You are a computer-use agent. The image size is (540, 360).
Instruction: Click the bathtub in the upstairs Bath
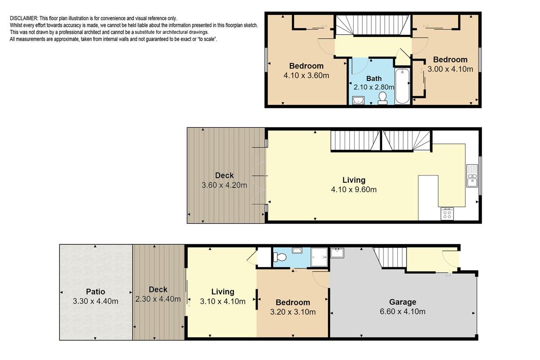click(x=402, y=86)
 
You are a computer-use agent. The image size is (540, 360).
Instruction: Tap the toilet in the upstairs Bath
click(x=382, y=98)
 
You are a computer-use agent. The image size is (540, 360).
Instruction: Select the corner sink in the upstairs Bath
click(x=358, y=100)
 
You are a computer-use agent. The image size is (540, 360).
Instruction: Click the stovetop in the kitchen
click(x=447, y=214)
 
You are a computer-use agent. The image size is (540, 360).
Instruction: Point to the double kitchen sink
click(x=472, y=176)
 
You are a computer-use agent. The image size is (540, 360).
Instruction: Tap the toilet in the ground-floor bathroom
click(x=280, y=257)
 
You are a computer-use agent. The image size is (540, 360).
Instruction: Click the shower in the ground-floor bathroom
click(x=319, y=257)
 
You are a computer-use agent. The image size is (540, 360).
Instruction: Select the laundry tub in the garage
click(x=337, y=253)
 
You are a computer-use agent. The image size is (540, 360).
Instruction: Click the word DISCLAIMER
click(x=23, y=18)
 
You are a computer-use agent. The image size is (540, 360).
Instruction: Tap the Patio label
click(x=95, y=292)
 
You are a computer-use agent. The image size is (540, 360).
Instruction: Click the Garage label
click(x=403, y=301)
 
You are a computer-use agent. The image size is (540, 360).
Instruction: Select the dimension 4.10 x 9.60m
click(x=354, y=189)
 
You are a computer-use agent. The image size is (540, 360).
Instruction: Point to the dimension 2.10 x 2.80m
click(x=374, y=87)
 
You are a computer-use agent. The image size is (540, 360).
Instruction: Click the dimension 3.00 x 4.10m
click(x=450, y=69)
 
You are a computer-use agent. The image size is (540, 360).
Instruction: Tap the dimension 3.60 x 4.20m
click(x=224, y=185)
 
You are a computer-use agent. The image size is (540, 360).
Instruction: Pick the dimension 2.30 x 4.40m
click(x=158, y=299)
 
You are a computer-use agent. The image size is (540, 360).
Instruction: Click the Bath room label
click(x=374, y=79)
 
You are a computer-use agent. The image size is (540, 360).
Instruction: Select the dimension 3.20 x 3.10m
click(x=292, y=312)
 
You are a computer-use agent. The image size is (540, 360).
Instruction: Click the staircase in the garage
click(x=391, y=257)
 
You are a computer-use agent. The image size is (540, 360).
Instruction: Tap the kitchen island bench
click(x=428, y=198)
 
